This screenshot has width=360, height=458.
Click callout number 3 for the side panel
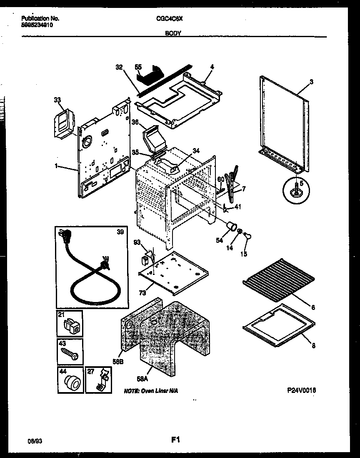point(311,82)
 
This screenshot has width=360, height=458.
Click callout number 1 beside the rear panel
point(56,166)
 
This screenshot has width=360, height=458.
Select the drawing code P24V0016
point(301,390)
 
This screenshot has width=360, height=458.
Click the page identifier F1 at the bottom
point(175,439)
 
